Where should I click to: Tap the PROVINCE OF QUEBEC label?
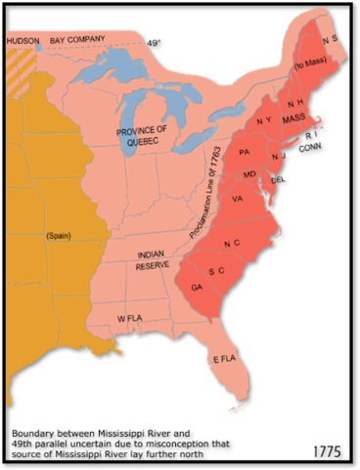(144, 135)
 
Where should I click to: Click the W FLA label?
(130, 320)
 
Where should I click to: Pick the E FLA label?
(225, 359)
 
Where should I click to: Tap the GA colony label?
(198, 288)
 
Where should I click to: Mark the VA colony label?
(237, 199)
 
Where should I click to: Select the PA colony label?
(244, 153)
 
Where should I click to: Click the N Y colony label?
(263, 121)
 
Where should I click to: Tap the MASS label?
(294, 117)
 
